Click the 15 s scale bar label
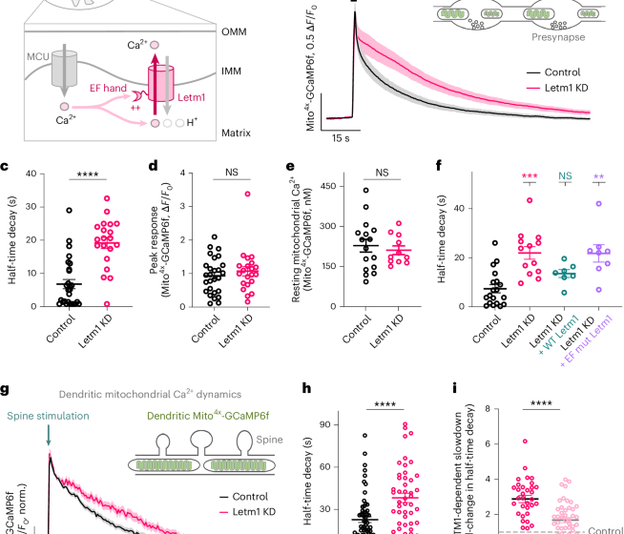(343, 137)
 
